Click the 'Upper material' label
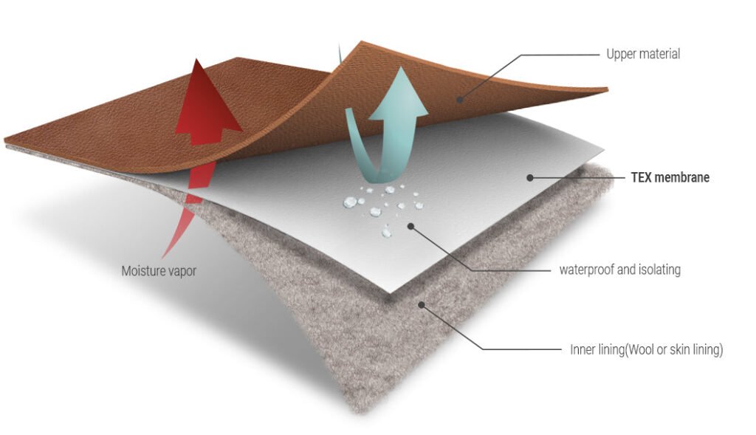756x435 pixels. click(x=643, y=53)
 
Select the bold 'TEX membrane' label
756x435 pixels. click(x=670, y=177)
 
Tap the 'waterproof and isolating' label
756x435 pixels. click(x=620, y=269)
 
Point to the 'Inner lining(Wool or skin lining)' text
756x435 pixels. click(x=647, y=349)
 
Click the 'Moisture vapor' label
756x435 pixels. click(x=159, y=271)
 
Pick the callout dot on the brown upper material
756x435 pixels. click(x=459, y=100)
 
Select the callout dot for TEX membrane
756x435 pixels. click(x=530, y=177)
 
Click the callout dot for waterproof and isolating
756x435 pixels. click(x=410, y=226)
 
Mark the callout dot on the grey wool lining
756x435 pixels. click(x=422, y=305)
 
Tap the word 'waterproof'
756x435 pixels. click(x=587, y=270)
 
